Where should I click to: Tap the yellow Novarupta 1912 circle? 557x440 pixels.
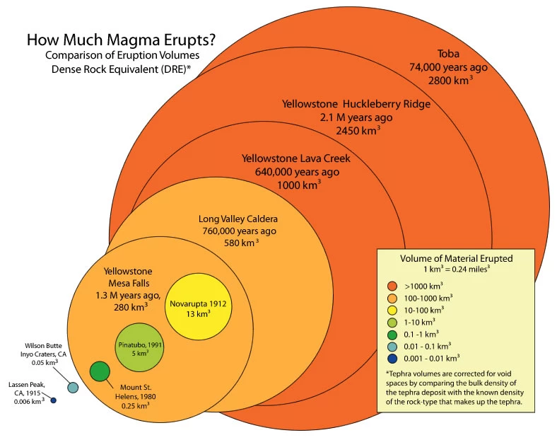point(198,309)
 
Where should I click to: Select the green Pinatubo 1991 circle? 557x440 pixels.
point(140,347)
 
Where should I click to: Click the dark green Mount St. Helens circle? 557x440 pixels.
point(100,371)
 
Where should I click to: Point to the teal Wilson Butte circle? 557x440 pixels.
point(72,388)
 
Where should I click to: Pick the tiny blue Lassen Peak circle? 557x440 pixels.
point(54,401)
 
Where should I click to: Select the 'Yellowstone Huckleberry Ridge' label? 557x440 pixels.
point(356,104)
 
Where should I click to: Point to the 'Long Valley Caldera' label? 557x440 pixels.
point(238,218)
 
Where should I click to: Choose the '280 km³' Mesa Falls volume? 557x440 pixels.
point(130,308)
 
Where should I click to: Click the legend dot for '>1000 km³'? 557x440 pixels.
point(390,286)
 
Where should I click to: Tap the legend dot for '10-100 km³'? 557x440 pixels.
point(390,310)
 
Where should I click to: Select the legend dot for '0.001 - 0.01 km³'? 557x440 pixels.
point(390,358)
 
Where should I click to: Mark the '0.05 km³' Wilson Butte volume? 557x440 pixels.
point(45,362)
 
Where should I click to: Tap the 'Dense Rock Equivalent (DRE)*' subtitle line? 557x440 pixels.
point(119,68)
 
